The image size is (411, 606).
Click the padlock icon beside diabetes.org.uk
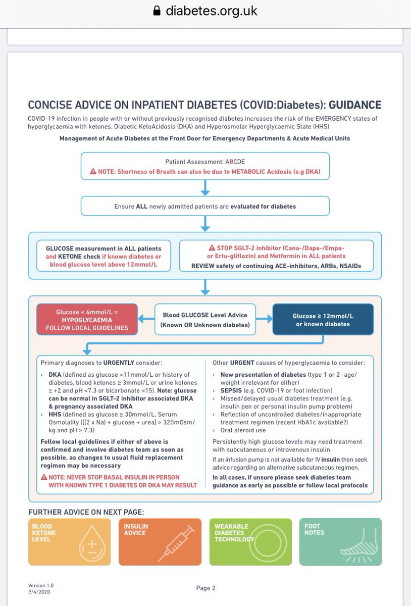click(x=157, y=10)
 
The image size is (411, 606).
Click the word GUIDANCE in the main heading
click(x=355, y=105)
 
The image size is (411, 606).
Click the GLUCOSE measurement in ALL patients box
click(x=104, y=256)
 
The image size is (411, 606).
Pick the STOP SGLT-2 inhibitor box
click(x=277, y=256)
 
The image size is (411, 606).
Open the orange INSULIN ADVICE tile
click(x=160, y=542)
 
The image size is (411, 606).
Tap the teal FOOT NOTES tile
click(x=340, y=542)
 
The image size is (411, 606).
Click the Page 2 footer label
click(x=206, y=588)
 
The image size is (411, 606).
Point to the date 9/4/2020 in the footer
click(x=39, y=591)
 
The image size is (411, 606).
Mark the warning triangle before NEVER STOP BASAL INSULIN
click(x=43, y=477)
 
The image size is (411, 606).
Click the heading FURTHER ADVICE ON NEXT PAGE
click(x=86, y=512)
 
